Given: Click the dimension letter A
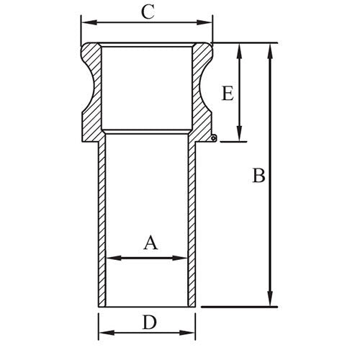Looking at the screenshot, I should [150, 243].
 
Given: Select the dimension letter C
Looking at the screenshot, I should [147, 12].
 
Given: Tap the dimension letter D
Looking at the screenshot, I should [149, 322].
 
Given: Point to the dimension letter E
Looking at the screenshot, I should [228, 94].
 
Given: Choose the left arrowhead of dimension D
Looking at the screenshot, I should [102, 333].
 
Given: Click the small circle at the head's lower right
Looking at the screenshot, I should [214, 139].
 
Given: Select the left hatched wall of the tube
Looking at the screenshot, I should [102, 216].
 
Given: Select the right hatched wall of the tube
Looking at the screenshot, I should [192, 216].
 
